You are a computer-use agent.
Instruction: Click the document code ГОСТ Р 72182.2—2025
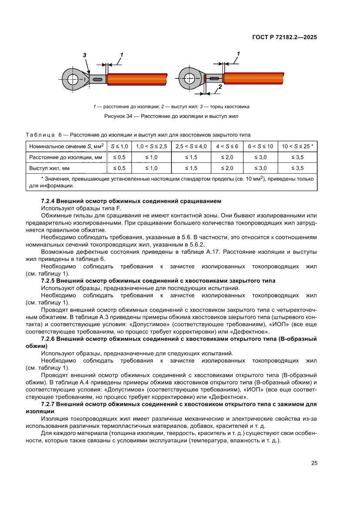pos(284,37)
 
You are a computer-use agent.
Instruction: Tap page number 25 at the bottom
pos(314,463)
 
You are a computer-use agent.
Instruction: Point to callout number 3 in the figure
pos(85,55)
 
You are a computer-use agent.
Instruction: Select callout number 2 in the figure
pos(220,87)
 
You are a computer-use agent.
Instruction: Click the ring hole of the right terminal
pos(189,79)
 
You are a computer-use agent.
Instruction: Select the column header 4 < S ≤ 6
pos(227,146)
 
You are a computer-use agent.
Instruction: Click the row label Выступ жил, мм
pos(50,168)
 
